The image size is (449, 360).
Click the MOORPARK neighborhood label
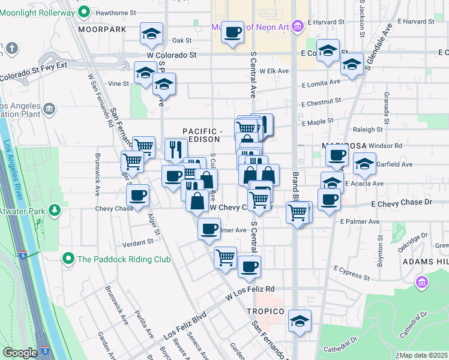click(102, 29)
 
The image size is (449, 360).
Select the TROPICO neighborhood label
click(265, 311)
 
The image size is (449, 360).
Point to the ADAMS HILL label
click(425, 262)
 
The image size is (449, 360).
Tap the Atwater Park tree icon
click(55, 209)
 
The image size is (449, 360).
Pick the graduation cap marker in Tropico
click(300, 320)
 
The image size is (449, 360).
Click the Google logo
click(20, 353)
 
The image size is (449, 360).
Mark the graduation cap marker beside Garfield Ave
click(364, 163)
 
